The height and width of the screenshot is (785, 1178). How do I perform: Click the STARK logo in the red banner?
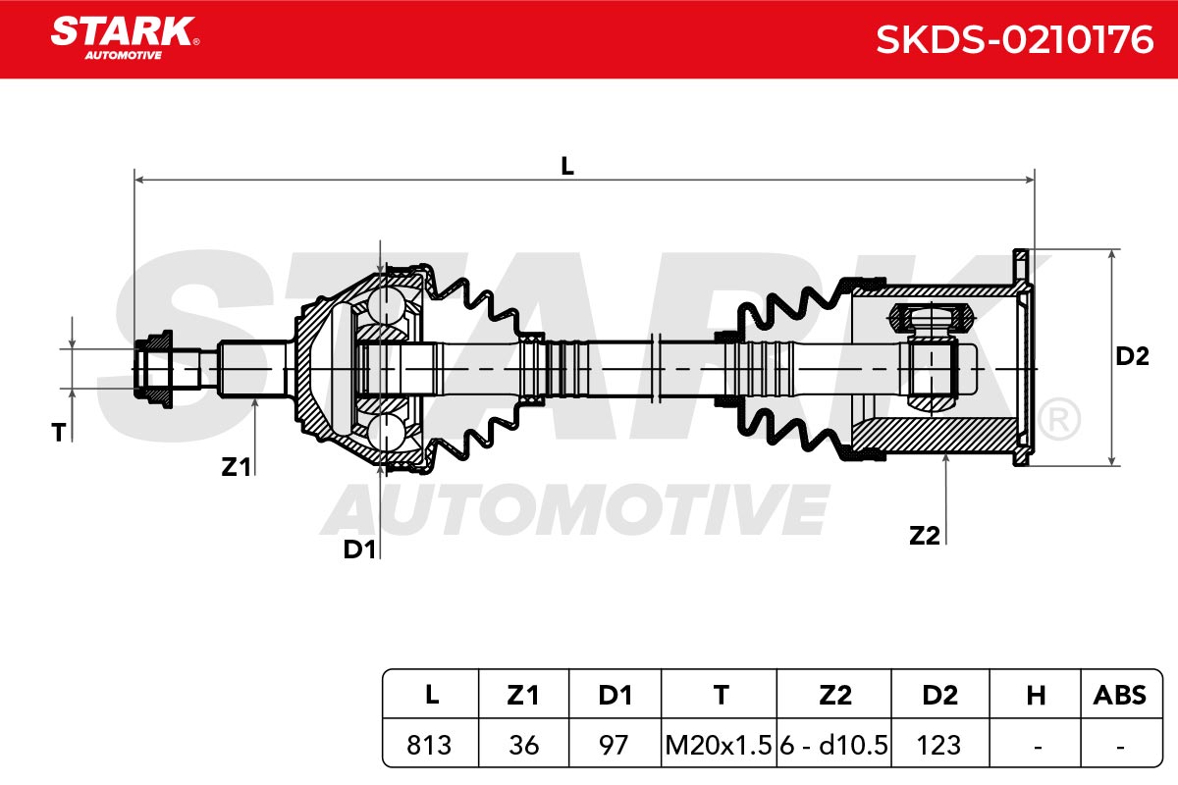coord(125,38)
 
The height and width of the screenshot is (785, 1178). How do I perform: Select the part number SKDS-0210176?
coord(1014,39)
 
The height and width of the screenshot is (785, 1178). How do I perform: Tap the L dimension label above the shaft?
coord(567,167)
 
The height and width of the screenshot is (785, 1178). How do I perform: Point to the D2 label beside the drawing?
coord(1132,356)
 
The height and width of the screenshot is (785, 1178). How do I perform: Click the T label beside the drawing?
coord(58,433)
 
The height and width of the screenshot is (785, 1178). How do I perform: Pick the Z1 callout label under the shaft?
coord(237,467)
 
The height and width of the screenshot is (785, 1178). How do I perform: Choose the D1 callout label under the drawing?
coord(359,549)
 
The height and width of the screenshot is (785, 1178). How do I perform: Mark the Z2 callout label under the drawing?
coord(925,536)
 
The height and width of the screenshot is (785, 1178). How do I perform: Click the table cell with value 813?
coord(430,745)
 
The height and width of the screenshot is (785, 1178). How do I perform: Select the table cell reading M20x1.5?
coord(719,745)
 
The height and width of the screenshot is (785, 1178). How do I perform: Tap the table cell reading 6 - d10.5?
coord(834,745)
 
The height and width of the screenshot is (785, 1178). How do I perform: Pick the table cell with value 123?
coord(940,745)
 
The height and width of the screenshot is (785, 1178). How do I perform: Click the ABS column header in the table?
coord(1120,695)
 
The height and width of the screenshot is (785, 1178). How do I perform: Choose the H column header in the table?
coord(1036,695)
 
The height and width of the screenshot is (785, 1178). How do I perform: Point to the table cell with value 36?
coord(524,745)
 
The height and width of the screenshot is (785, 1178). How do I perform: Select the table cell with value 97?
coord(615,745)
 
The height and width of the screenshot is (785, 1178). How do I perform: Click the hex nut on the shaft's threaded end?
coord(152,369)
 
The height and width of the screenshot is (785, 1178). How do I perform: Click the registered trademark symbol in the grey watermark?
coord(1059,419)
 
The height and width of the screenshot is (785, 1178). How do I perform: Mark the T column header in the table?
coord(721,695)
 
